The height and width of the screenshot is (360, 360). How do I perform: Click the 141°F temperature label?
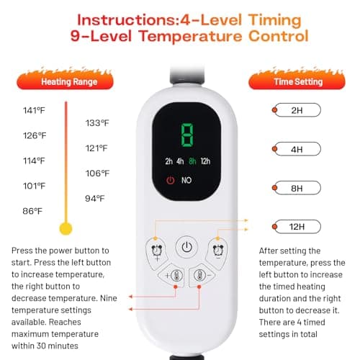click(34, 110)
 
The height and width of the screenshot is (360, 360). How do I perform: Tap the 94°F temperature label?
click(95, 199)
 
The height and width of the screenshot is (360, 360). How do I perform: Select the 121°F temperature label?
click(96, 148)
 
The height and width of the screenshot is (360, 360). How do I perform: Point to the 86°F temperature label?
click(32, 211)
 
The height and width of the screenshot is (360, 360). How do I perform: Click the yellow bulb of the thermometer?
click(66, 228)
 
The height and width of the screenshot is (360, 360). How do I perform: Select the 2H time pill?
click(297, 110)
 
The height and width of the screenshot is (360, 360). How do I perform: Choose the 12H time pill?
click(297, 227)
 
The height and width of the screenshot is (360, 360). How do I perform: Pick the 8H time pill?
click(297, 188)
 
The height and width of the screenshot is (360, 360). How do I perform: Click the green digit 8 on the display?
click(187, 135)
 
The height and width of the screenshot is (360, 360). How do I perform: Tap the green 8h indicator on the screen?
click(192, 161)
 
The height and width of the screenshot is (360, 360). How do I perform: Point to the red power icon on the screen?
click(171, 180)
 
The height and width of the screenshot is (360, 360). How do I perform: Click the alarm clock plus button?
click(156, 253)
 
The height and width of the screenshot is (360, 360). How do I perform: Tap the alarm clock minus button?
click(217, 253)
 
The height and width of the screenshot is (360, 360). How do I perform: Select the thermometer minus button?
click(201, 275)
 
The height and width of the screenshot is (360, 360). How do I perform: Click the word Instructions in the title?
click(127, 20)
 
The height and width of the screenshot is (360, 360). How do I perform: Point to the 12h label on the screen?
click(205, 161)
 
